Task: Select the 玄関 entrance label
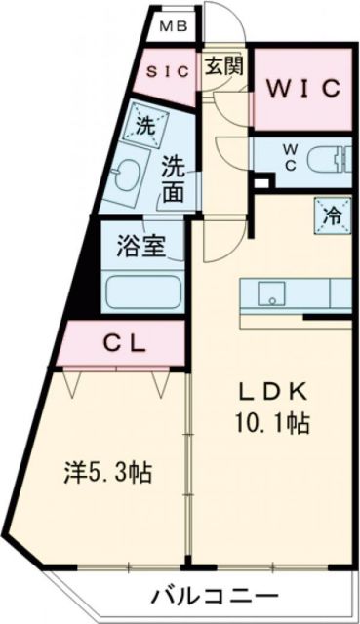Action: click(x=223, y=67)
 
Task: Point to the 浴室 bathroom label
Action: click(x=142, y=247)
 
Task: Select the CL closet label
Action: click(x=126, y=342)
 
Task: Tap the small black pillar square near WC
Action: click(x=259, y=182)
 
